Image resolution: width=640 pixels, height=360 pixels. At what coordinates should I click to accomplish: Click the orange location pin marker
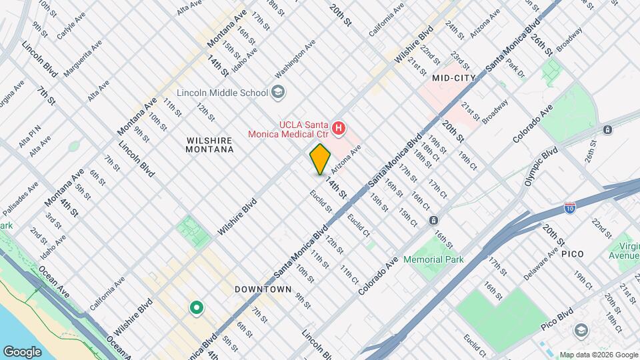click(x=320, y=159)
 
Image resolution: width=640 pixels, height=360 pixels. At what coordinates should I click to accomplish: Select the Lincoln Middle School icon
click(x=279, y=93)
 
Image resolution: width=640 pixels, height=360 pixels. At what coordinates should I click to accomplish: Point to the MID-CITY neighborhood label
click(x=453, y=78)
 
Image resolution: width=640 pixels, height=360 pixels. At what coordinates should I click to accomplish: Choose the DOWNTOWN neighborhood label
click(x=263, y=289)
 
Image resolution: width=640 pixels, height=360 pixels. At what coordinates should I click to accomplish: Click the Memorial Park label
click(x=433, y=259)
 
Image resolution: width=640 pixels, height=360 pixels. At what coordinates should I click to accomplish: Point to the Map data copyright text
click(x=598, y=355)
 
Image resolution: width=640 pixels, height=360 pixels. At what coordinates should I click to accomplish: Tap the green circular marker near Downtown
click(x=196, y=307)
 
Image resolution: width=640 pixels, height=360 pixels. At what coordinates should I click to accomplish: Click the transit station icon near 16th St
click(x=433, y=220)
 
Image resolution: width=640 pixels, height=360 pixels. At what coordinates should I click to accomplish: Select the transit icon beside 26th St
click(x=607, y=129)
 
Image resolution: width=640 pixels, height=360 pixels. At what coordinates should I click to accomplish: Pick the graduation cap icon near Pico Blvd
click(x=581, y=331)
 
